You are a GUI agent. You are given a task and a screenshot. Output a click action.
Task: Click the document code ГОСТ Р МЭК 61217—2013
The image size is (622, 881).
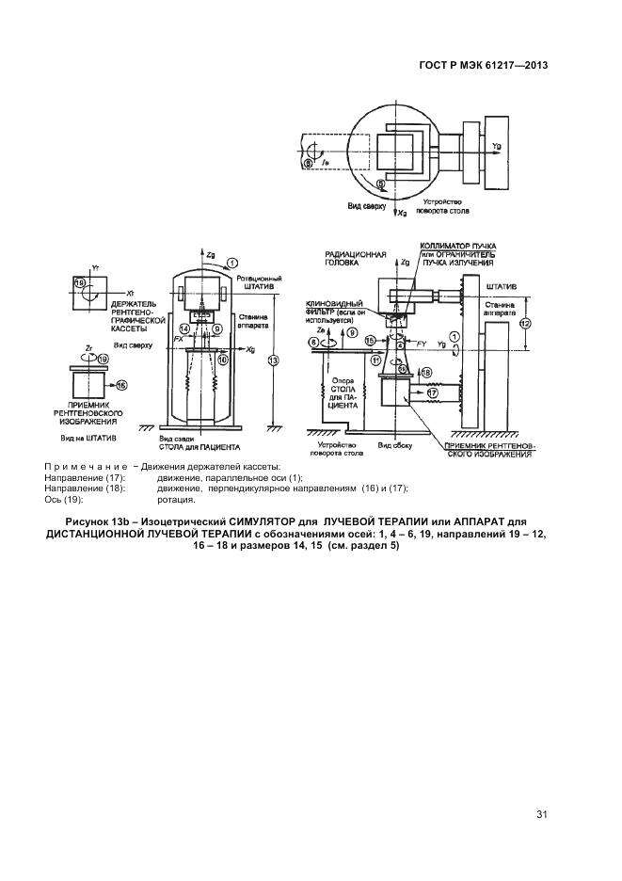pyautogui.click(x=483, y=66)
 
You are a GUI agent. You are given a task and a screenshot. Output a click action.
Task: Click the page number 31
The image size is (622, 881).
pyautogui.click(x=541, y=814)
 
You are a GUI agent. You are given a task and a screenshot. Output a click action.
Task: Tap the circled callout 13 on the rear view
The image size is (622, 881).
pyautogui.click(x=273, y=359)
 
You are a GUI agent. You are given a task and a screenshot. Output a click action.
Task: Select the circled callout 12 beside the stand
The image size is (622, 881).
pyautogui.click(x=525, y=323)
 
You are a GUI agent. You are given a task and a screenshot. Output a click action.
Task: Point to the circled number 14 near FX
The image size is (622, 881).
pyautogui.click(x=185, y=328)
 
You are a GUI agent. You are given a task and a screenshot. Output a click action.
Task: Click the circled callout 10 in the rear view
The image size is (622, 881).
pyautogui.click(x=222, y=359)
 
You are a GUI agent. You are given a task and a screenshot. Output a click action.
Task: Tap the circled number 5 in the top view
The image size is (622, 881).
pyautogui.click(x=380, y=184)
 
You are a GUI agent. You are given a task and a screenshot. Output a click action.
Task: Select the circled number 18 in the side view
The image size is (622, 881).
pyautogui.click(x=425, y=373)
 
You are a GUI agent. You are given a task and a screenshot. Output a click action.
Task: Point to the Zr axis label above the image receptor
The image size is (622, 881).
pyautogui.click(x=88, y=346)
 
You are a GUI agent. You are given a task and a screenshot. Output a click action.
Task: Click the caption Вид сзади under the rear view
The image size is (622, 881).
pyautogui.click(x=177, y=439)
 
